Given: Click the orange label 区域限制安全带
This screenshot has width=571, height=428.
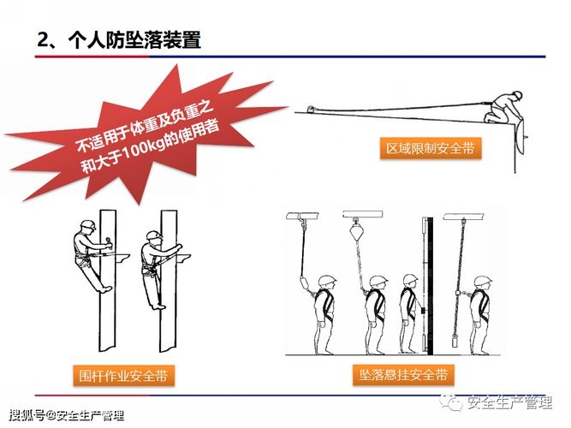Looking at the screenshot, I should click(x=431, y=149).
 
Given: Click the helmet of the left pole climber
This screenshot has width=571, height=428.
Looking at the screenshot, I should click(x=86, y=226).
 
